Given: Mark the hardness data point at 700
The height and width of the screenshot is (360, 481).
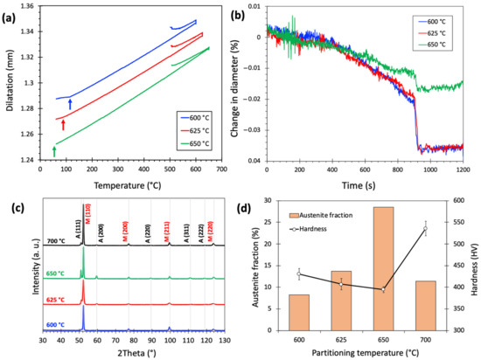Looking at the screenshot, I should [x=425, y=229].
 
